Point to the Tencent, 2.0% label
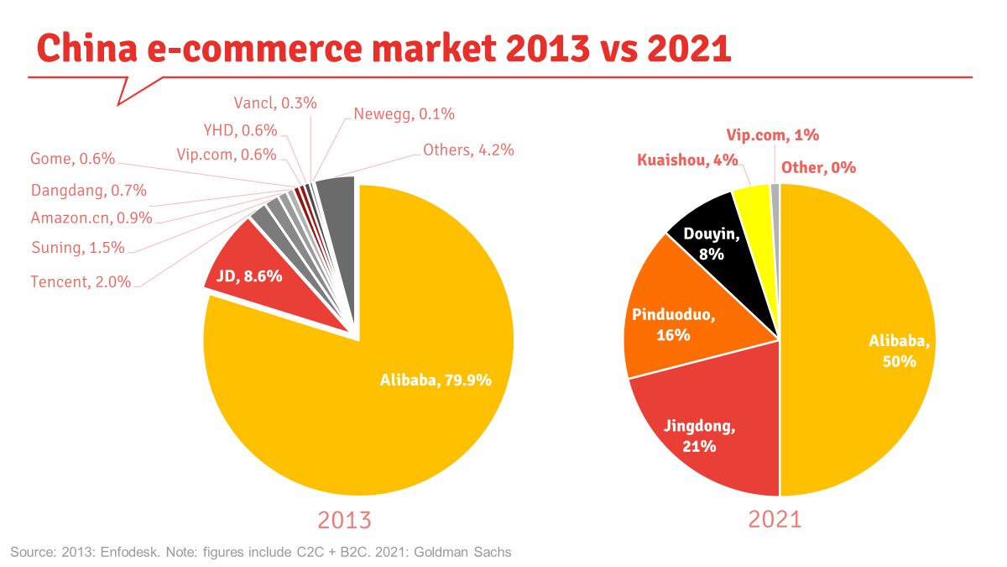[81, 282]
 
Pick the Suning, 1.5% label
[77, 248]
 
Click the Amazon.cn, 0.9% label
[91, 218]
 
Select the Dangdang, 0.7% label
[88, 191]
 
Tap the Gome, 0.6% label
[72, 159]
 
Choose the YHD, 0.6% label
[241, 130]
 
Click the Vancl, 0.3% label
[275, 103]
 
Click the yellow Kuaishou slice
[752, 199]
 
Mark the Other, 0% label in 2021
[818, 168]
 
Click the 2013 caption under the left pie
[344, 520]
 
